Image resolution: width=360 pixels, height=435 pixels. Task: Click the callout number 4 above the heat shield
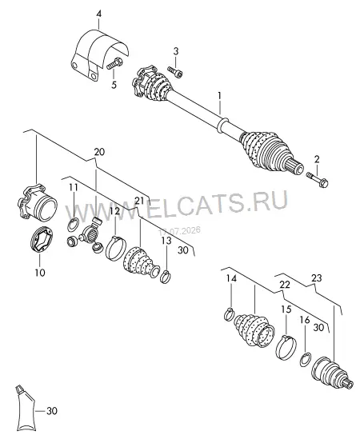99,14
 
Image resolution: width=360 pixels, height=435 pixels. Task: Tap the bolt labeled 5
114,64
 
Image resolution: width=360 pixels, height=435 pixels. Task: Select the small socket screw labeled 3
175,71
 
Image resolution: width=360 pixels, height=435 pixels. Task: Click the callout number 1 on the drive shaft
219,96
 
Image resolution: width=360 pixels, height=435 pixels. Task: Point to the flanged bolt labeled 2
318,179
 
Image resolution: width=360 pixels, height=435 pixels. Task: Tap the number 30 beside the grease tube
52,410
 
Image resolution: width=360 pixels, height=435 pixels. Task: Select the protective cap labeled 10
41,239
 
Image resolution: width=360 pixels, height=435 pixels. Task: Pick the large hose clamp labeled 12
116,249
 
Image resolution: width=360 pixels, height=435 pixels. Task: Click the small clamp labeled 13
166,277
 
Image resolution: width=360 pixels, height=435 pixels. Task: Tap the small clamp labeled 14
230,315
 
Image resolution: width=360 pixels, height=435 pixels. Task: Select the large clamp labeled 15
286,348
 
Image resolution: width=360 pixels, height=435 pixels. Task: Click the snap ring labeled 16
306,360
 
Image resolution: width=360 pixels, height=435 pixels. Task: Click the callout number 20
99,152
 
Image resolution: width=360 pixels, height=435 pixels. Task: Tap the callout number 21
139,200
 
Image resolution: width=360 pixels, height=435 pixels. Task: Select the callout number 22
285,285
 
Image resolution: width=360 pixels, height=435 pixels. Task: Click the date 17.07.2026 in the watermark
179,231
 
